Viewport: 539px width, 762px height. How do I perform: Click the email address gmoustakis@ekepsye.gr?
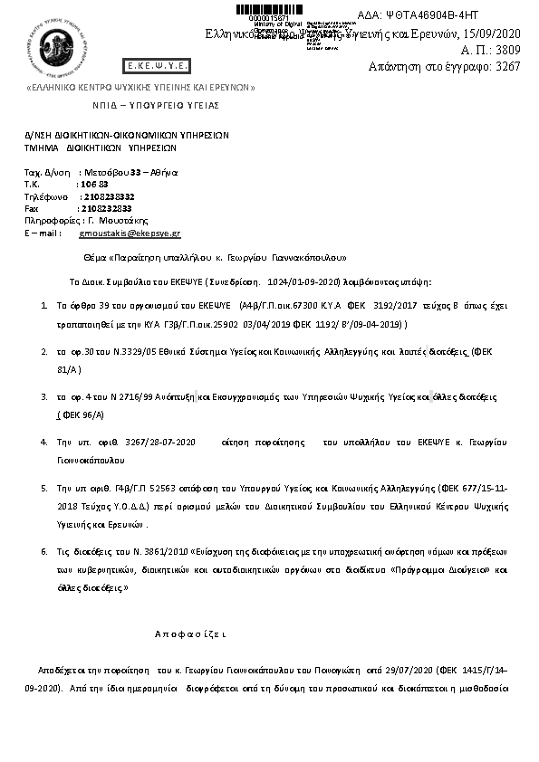click(130, 233)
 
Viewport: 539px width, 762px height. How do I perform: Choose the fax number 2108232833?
click(106, 208)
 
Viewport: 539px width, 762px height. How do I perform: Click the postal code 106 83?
click(94, 184)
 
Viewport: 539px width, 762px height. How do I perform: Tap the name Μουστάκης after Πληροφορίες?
click(123, 220)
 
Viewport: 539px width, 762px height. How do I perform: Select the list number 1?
click(44, 307)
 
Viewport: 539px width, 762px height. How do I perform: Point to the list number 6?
click(44, 550)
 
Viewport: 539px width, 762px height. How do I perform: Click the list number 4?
click(44, 442)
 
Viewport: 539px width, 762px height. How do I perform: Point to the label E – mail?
click(42, 233)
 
